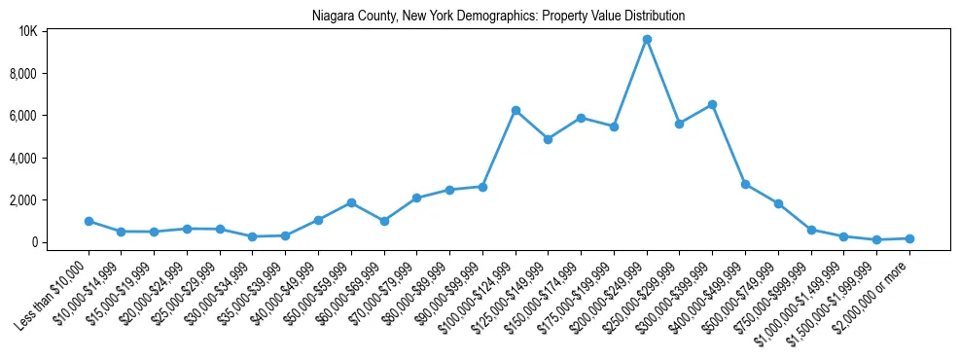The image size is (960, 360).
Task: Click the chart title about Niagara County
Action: coord(498,16)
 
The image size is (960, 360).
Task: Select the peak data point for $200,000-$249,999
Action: coord(647,39)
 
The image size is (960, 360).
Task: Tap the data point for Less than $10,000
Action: coord(89,221)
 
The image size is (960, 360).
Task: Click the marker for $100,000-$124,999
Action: coord(516,110)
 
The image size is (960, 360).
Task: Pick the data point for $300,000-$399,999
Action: coord(712,104)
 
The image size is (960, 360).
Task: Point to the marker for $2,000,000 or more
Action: coord(909,238)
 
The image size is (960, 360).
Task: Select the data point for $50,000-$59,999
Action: coord(351,202)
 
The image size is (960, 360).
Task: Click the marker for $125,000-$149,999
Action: coord(549,139)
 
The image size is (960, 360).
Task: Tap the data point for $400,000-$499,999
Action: coord(745,184)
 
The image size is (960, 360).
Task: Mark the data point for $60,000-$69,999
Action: coord(384,221)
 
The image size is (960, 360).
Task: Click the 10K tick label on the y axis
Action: coord(28,32)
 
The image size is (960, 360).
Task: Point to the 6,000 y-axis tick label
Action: coord(25,116)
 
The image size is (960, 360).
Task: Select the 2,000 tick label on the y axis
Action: coord(25,200)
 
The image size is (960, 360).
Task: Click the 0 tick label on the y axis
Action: coord(34,242)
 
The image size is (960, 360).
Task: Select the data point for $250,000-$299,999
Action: coord(680,124)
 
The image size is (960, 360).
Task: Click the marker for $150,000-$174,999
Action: coord(581,118)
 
